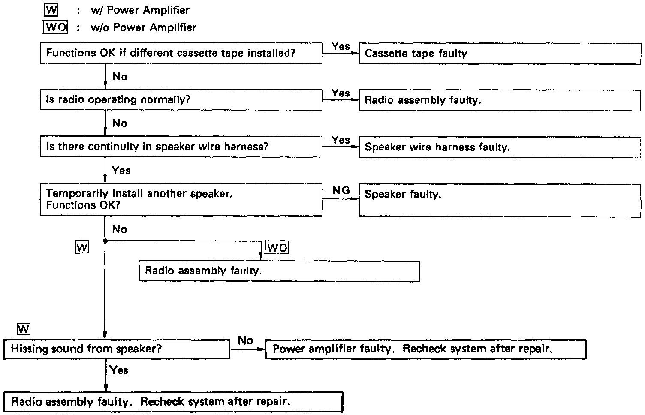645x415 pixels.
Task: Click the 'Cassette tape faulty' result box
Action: tap(499, 54)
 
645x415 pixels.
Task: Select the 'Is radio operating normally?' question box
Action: tap(181, 100)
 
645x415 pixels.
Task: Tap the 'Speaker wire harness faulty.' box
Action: tap(499, 147)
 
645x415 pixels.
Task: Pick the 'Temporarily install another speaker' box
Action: tap(181, 199)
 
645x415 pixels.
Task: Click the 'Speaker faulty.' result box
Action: tap(499, 199)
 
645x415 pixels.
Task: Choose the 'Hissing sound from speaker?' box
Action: tap(117, 349)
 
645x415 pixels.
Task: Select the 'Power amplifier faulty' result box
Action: tap(425, 349)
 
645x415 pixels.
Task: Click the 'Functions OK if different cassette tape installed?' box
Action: tap(181, 53)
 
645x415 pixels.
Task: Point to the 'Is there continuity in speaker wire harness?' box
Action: tap(181, 147)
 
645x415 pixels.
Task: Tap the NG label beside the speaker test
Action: tap(341, 190)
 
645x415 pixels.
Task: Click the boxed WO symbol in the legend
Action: tap(56, 27)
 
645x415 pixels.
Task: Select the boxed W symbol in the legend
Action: tap(51, 9)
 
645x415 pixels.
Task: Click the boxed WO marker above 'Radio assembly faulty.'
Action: tap(277, 247)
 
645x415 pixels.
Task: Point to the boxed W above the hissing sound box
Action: tap(24, 329)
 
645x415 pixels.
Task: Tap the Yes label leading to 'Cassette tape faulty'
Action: tap(341, 46)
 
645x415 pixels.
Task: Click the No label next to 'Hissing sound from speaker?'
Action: tap(245, 340)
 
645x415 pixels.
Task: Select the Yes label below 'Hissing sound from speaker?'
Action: tap(119, 370)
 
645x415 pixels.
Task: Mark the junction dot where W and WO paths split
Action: tap(105, 241)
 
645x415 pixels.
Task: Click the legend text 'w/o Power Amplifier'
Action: tap(144, 27)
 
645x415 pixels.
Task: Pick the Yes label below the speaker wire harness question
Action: tap(121, 171)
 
